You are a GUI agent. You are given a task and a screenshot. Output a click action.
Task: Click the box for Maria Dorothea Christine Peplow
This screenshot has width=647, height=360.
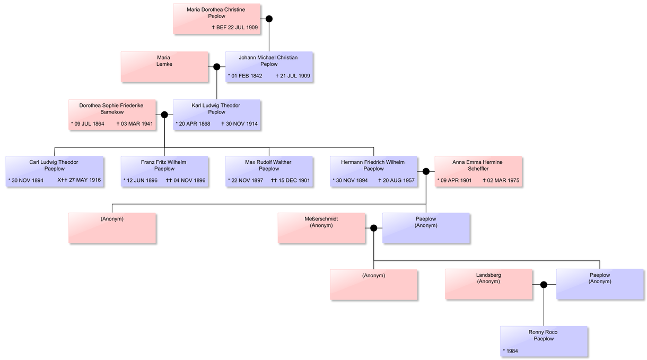tap(216, 19)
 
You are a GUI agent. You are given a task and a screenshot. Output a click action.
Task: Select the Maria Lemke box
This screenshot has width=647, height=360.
tap(164, 66)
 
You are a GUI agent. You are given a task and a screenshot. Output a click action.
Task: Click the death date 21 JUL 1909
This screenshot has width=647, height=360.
tap(294, 76)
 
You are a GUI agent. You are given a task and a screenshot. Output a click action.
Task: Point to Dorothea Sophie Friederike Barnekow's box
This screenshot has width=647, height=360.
tap(111, 115)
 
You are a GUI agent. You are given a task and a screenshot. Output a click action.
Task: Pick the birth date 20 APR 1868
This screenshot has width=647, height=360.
tap(194, 124)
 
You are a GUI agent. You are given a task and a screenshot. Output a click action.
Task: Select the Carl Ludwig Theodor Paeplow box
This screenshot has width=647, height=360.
tap(54, 171)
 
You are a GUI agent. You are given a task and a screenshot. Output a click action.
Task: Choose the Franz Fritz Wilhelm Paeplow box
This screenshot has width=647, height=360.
tap(164, 171)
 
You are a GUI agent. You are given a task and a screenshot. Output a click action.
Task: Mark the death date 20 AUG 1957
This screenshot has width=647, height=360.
tap(398, 180)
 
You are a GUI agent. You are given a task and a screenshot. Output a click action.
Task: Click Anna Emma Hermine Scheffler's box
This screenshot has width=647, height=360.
tap(478, 171)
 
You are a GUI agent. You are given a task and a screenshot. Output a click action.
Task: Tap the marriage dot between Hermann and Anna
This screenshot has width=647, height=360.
tap(426, 171)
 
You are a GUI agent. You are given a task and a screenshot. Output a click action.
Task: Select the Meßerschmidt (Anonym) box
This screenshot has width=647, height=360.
tap(321, 228)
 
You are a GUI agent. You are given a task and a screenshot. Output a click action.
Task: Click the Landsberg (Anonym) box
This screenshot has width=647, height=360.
tap(488, 284)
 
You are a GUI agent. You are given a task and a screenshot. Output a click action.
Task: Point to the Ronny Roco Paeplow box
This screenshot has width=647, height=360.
tap(544, 341)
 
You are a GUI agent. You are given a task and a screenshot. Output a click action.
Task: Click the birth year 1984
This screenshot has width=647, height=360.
tap(511, 351)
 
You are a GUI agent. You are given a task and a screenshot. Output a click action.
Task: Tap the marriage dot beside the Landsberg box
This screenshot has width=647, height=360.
tap(544, 285)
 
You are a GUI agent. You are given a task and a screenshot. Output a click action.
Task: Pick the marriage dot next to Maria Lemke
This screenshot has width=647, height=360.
tap(216, 67)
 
